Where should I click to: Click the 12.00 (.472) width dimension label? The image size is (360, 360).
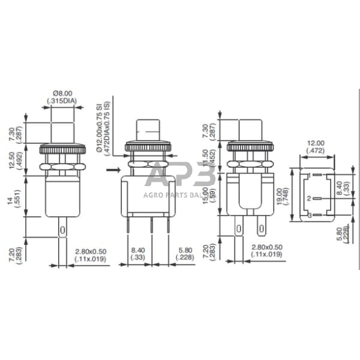point(317,145)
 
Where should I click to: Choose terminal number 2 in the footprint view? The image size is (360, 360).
point(310,198)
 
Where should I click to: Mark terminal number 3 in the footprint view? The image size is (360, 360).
point(310,214)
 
